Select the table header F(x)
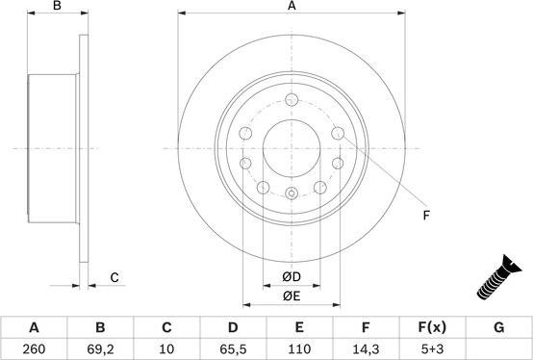point(432,327)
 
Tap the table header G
point(498,327)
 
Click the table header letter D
point(233,327)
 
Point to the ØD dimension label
point(292,278)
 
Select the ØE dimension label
point(292,296)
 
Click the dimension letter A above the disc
point(292,7)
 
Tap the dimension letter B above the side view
point(57,7)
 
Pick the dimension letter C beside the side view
point(114,278)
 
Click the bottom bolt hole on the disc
point(292,194)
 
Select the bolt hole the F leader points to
point(338,132)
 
